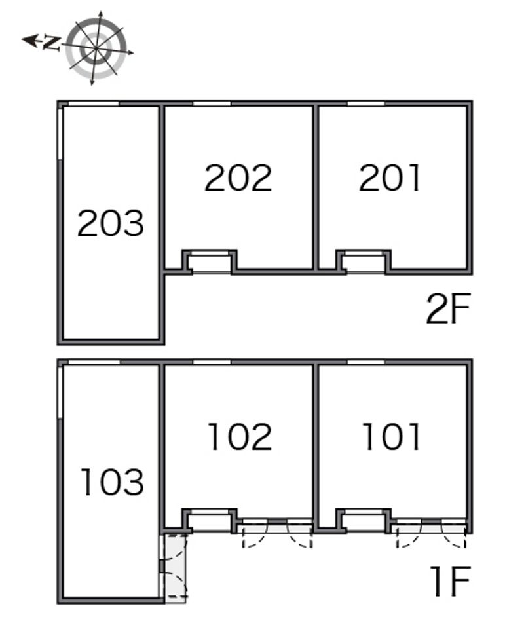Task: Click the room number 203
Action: point(110,223)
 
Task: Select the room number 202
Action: point(238,178)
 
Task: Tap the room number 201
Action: point(390,178)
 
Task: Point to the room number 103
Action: point(111,482)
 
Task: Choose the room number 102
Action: point(239,437)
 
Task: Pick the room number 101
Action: point(392,437)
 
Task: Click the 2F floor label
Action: point(448,310)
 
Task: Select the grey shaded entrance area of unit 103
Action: point(174,565)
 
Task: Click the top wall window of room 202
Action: point(212,103)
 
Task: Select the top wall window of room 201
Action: point(365,103)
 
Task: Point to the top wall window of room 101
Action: point(365,362)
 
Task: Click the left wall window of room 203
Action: point(61,134)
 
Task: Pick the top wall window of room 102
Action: point(212,362)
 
